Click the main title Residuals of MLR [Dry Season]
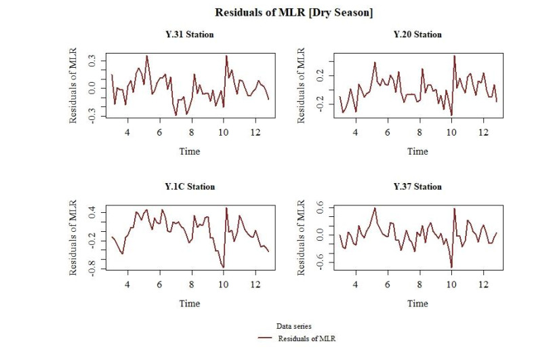[293, 13]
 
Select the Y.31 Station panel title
[190, 35]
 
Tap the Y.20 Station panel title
[417, 35]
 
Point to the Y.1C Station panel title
[190, 186]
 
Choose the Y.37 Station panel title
[417, 186]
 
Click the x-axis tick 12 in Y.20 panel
[483, 132]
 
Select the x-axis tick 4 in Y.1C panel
[127, 284]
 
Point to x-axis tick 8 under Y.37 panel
[419, 284]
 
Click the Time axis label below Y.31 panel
[190, 151]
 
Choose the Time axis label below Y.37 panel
[417, 303]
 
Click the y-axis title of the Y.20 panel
[303, 85]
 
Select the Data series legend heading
[293, 326]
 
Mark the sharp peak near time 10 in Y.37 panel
[454, 208]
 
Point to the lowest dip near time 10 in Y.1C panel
[223, 268]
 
